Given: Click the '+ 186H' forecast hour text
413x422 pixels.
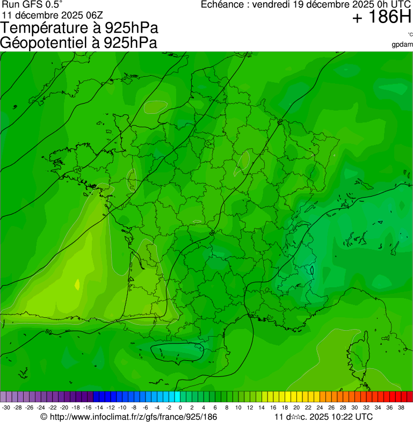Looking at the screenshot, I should pyautogui.click(x=381, y=18).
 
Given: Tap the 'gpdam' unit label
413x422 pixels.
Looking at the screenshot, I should pyautogui.click(x=403, y=44).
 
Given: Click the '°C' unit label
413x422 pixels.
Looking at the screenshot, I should pyautogui.click(x=410, y=35).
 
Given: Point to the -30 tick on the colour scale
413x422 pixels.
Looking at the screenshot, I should pyautogui.click(x=6, y=408).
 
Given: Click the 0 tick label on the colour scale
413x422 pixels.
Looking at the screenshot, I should pyautogui.click(x=179, y=408).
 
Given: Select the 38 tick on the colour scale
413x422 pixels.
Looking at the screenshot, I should pyautogui.click(x=401, y=408).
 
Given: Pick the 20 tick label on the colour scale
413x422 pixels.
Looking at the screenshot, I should pyautogui.click(x=296, y=408).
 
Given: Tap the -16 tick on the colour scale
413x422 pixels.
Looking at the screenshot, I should pyautogui.click(x=87, y=408).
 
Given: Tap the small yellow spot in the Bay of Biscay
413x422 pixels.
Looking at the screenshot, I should pyautogui.click(x=77, y=284).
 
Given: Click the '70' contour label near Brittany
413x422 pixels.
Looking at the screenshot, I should pyautogui.click(x=78, y=170).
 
